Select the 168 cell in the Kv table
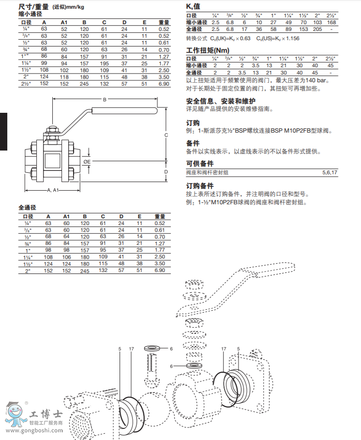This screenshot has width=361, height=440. coord(331,22)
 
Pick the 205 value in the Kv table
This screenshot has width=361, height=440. coord(317,29)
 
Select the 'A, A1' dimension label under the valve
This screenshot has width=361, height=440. coord(52,190)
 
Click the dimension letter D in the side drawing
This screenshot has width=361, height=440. coord(165,171)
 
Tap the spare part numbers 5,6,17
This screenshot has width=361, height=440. coord(330,172)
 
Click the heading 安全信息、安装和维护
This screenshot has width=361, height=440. coord(221,101)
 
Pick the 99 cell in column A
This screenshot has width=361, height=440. coord(44,63)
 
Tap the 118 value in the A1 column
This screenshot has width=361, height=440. coord(64,76)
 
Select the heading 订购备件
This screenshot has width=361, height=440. coord(200,185)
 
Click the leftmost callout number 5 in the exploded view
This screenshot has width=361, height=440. coord(120,349)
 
